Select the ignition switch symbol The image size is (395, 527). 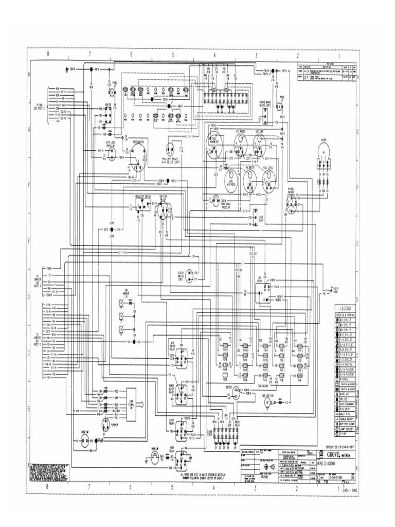[163, 208]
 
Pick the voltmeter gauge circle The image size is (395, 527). [249, 178]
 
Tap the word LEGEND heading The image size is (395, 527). [344, 307]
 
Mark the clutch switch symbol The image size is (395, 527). [191, 274]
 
